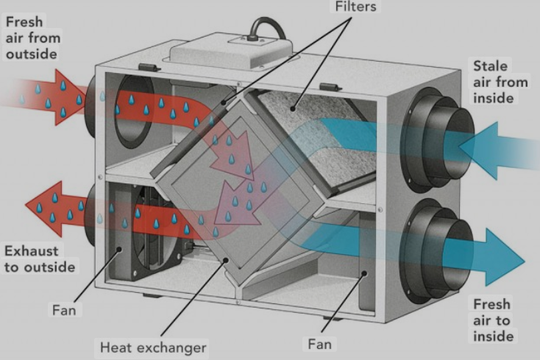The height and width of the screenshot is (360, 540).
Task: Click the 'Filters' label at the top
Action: pos(356,6)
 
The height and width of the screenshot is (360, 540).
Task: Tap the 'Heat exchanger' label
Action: pos(153,347)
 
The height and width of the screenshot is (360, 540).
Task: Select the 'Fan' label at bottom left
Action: pos(64,310)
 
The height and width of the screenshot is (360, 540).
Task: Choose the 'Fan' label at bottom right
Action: pos(319,344)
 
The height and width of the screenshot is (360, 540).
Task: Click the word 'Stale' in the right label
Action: pos(491,66)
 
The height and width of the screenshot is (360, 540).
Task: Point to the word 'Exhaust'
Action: pos(32,251)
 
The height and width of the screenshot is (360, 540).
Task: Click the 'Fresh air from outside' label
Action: pos(33,38)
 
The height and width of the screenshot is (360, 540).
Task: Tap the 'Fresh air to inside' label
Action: pos(493,320)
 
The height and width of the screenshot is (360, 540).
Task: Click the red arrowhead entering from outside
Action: pos(70,96)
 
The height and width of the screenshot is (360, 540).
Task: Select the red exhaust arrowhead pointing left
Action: pos(43,208)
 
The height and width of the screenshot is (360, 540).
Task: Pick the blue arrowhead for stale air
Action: pos(479,150)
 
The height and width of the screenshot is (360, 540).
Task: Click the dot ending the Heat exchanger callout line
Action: pos(226,260)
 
